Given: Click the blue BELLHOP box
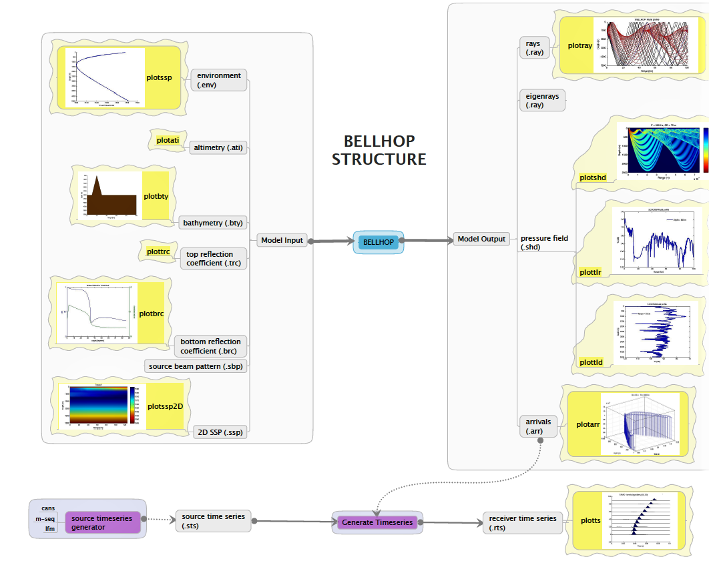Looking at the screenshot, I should (379, 241).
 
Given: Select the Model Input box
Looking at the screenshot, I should (281, 240).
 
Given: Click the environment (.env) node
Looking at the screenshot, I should (218, 80).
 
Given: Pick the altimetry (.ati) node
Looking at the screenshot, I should (218, 147).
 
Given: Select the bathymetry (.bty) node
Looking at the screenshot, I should (212, 223).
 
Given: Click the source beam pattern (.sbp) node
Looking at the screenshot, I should (195, 366).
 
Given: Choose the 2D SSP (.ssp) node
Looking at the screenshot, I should (219, 432).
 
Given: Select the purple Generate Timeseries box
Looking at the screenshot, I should (378, 522).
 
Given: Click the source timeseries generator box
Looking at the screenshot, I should (102, 523).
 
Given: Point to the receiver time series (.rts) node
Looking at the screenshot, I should (522, 523).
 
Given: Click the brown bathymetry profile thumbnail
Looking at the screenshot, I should (107, 195).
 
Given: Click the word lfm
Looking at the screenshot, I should (50, 529).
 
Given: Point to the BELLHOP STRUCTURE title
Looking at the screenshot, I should (379, 150).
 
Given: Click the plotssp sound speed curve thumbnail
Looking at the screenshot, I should (105, 77).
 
